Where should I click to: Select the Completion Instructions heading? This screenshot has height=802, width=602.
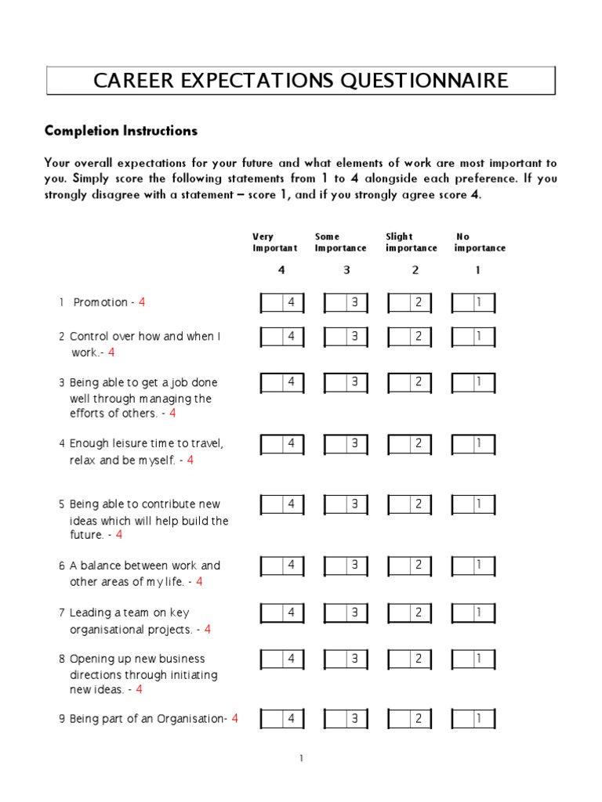[121, 131]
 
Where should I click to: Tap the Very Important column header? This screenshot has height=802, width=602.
[274, 242]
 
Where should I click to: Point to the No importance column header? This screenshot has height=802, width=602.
[480, 242]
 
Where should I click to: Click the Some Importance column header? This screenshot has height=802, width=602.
[340, 242]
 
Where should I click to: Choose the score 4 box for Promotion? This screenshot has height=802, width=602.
[282, 303]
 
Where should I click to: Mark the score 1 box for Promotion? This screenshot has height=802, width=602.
[473, 303]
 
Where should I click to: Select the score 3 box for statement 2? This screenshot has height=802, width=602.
[346, 337]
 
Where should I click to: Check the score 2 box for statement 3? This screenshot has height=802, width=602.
[410, 383]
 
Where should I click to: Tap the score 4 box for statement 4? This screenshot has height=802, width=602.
[282, 444]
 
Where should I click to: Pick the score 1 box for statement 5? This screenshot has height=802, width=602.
[473, 504]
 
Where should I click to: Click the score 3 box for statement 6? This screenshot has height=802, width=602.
[346, 565]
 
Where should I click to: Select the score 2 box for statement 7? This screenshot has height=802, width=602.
[410, 612]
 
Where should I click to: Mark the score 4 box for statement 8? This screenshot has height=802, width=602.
[282, 659]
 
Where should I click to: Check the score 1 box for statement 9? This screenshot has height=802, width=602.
[473, 719]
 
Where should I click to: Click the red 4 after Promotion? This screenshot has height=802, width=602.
[142, 302]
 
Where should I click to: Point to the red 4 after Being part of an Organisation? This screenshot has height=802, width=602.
[234, 718]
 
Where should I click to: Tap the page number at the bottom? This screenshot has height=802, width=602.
[301, 758]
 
